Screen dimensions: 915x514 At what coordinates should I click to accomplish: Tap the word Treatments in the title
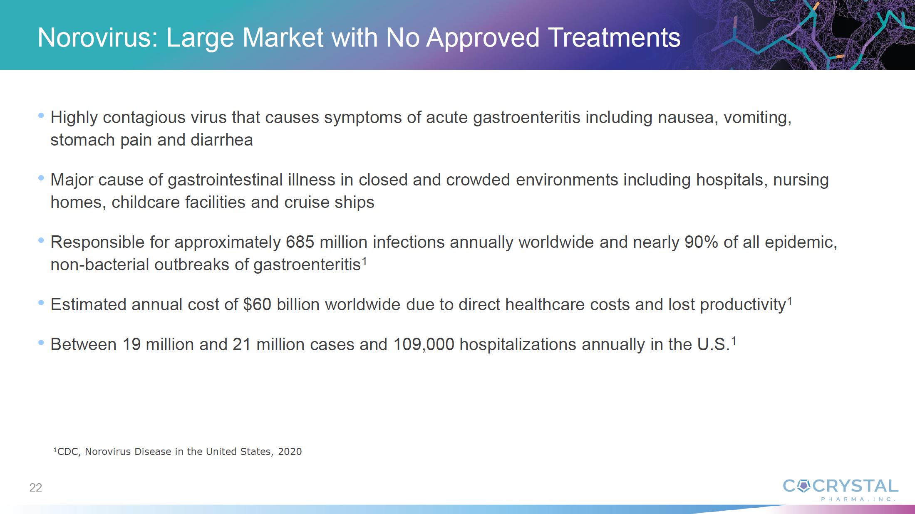coord(615,38)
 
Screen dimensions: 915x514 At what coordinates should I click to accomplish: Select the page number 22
coord(36,487)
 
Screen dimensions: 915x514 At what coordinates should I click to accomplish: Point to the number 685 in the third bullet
coord(300,242)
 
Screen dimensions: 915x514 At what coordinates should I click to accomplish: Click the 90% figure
coord(702,242)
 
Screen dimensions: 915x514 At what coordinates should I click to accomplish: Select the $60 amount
coord(257,304)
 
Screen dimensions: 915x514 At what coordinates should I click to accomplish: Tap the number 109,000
coord(424,344)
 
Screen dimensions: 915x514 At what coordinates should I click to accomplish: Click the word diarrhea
coord(221,140)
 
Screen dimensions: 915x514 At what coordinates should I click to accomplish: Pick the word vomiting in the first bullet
coord(757,118)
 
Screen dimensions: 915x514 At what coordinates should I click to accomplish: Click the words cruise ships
coord(329,203)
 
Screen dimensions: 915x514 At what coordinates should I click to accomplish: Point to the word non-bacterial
coord(99,264)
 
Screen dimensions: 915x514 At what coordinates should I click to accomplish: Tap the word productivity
coord(743,305)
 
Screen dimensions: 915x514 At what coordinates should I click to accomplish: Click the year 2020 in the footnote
coord(290,452)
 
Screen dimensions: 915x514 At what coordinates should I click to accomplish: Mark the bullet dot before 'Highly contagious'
coord(41,116)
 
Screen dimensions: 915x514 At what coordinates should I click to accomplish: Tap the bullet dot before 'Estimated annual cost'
coord(41,303)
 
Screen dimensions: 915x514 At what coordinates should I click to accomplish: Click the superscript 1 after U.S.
coord(734,341)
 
